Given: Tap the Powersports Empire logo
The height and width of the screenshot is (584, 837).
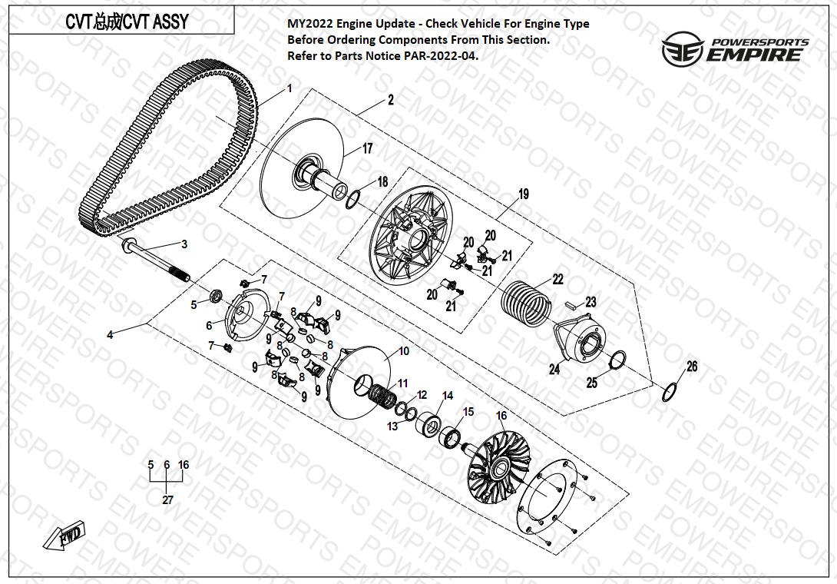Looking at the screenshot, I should click(x=736, y=48).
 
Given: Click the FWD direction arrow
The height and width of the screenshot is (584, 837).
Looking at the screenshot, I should click(x=66, y=535).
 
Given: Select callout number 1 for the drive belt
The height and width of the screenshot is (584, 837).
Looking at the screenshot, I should click(x=289, y=89).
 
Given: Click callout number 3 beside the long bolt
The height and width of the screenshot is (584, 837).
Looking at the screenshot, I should click(x=184, y=244).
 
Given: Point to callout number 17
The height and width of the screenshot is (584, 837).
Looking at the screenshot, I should click(x=367, y=148).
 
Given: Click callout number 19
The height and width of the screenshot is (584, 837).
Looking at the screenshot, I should click(x=524, y=194).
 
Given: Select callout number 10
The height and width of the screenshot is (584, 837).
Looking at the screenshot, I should click(x=403, y=351).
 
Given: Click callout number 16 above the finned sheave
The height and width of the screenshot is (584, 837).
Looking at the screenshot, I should click(x=501, y=416).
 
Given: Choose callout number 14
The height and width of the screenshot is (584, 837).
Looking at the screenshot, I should click(x=448, y=396).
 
